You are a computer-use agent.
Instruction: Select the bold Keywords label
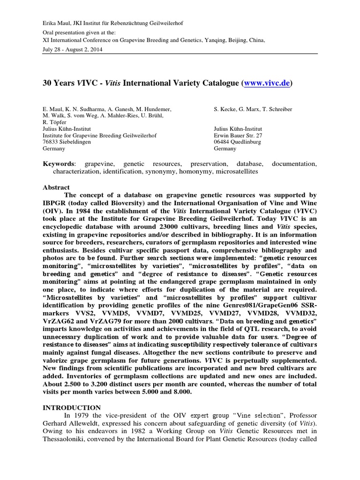click(59, 164)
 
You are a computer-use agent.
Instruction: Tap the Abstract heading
click(56, 187)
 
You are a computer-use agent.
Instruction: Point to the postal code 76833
click(52, 142)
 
